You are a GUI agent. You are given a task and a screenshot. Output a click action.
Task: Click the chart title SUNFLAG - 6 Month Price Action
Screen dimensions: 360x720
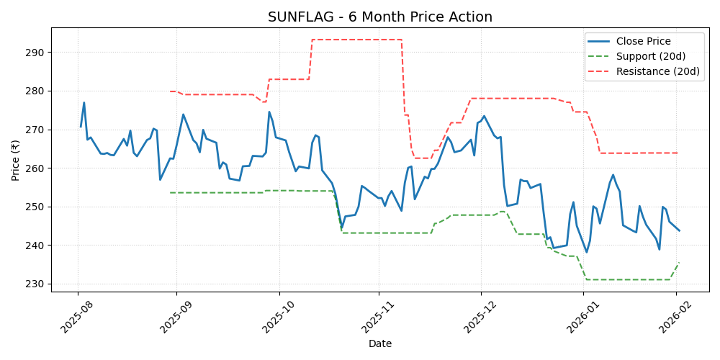pyautogui.click(x=380, y=17)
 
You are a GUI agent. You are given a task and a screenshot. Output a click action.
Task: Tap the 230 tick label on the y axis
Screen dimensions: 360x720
pyautogui.click(x=37, y=284)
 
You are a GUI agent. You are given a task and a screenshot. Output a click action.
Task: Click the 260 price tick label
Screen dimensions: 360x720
pyautogui.click(x=37, y=168)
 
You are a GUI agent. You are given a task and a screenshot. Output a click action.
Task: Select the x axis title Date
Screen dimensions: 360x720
pyautogui.click(x=380, y=344)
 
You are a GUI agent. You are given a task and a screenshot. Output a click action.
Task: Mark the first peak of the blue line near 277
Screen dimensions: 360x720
pyautogui.click(x=84, y=102)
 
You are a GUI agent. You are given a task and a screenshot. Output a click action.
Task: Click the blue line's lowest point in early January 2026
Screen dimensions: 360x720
pyautogui.click(x=586, y=252)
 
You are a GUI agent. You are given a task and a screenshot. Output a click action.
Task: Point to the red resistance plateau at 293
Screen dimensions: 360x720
pyautogui.click(x=356, y=40)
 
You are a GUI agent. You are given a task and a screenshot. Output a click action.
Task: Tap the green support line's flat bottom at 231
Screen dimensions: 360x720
pyautogui.click(x=626, y=279)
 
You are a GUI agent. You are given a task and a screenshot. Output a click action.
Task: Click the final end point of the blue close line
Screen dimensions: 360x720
pyautogui.click(x=679, y=230)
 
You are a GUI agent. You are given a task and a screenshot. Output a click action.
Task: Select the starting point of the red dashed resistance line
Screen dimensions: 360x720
pyautogui.click(x=170, y=91)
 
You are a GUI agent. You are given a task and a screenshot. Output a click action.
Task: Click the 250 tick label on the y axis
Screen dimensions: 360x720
pyautogui.click(x=37, y=207)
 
